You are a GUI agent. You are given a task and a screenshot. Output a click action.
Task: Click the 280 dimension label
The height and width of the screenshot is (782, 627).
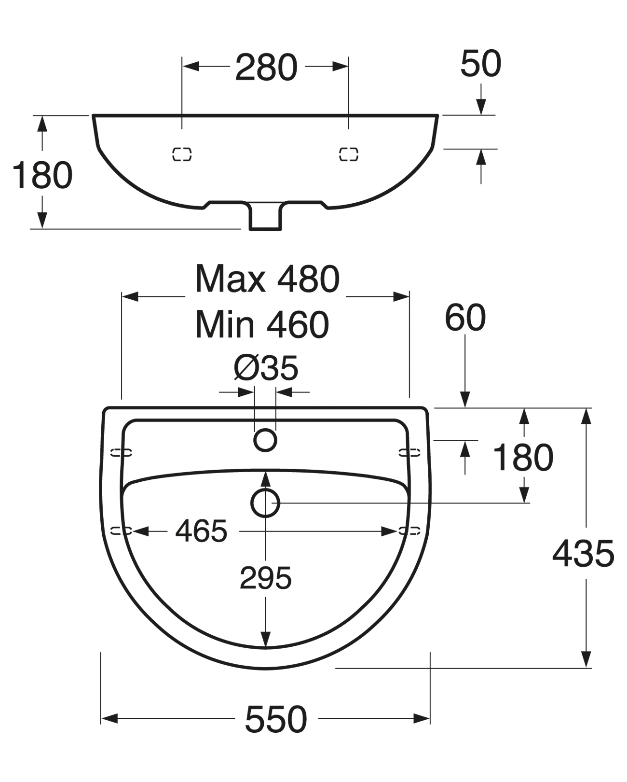[266, 68]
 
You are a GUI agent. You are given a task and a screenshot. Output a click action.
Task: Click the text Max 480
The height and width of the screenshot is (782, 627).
[267, 279]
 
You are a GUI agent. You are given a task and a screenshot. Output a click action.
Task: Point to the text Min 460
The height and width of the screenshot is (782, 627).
[262, 324]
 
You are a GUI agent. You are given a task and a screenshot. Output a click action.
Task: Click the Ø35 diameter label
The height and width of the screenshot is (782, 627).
[266, 368]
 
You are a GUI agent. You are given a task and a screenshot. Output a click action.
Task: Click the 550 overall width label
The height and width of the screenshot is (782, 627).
[276, 719]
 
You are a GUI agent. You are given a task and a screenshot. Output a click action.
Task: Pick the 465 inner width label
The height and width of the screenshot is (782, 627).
[201, 531]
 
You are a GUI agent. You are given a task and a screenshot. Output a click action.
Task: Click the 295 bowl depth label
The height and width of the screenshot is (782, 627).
[266, 578]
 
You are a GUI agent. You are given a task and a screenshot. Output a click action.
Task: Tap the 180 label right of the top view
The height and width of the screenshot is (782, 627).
[523, 457]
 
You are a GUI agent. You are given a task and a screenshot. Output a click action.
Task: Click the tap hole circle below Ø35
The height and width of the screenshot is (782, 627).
[265, 440]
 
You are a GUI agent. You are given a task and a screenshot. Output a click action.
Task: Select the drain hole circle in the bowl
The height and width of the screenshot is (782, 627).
[265, 503]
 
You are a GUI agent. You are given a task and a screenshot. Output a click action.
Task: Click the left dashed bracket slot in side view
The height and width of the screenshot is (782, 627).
[182, 154]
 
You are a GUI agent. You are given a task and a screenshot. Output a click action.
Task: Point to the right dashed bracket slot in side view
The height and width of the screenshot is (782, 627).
[349, 154]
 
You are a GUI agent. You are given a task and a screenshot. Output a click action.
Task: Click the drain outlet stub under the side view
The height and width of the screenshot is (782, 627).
[265, 218]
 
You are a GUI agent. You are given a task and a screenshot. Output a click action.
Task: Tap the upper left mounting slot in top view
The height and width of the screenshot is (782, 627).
[121, 452]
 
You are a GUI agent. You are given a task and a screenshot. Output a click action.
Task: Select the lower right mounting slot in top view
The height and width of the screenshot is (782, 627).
[409, 531]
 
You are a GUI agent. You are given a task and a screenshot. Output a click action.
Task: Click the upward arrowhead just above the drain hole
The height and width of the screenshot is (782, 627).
[265, 479]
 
